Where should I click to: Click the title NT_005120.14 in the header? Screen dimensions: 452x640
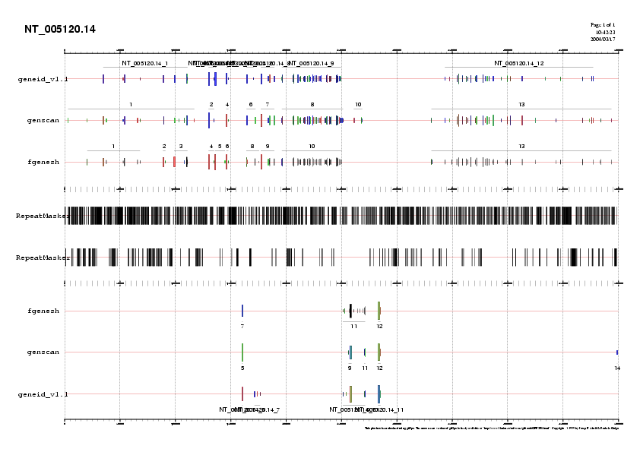(60, 30)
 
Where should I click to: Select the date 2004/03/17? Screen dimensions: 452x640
(603, 39)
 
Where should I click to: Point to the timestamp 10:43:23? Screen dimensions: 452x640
(605, 33)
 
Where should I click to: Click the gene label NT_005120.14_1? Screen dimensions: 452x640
(145, 63)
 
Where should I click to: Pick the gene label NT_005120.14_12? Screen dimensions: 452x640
(519, 63)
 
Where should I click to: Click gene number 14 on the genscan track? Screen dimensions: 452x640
(618, 368)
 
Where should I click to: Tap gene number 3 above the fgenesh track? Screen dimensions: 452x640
(181, 145)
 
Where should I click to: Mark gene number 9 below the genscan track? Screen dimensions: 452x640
(350, 368)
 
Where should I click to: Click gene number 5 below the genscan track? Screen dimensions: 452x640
(242, 368)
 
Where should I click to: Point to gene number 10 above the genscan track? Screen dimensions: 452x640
(358, 103)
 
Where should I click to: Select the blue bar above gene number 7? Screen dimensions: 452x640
(242, 311)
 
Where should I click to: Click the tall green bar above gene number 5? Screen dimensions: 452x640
(242, 352)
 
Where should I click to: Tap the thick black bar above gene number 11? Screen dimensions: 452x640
(350, 311)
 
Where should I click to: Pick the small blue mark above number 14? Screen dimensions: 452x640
(617, 352)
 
